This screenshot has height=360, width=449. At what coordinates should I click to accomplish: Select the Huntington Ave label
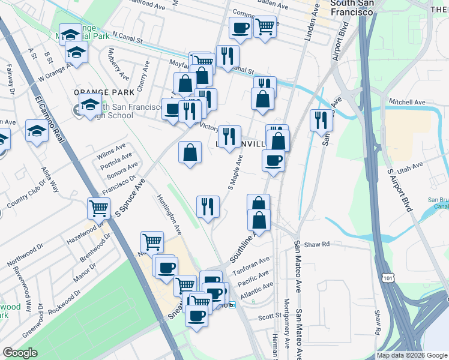(x=169, y=213)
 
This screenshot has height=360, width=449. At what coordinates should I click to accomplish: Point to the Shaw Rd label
(x=318, y=244)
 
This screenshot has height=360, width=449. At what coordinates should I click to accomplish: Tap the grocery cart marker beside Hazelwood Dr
(x=99, y=209)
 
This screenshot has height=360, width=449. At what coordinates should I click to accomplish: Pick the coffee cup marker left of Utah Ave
(x=273, y=161)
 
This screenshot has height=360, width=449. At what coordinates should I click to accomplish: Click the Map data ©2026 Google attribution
(x=412, y=355)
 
